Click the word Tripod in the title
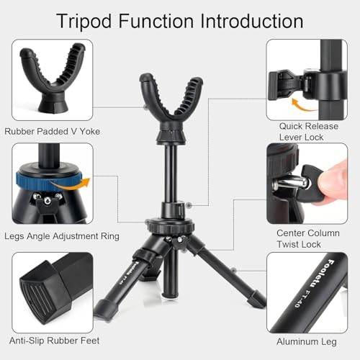click(84, 22)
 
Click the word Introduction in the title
click(252, 21)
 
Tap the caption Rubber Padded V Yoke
click(53, 131)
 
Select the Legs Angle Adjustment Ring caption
click(62, 236)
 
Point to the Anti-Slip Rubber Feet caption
click(54, 341)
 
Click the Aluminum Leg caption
click(307, 342)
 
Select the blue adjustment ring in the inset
click(48, 181)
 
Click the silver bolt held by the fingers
click(290, 183)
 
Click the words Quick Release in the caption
click(309, 126)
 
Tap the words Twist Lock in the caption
click(299, 244)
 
